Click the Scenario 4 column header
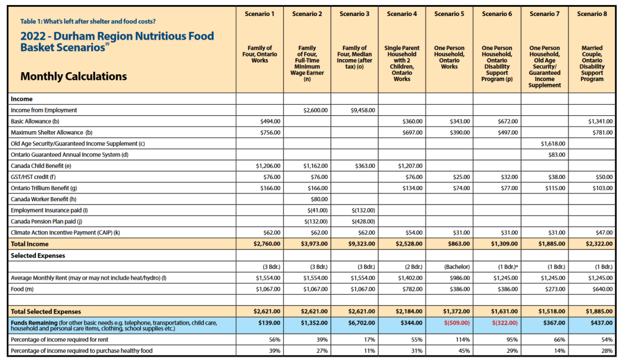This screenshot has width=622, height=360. tap(402, 13)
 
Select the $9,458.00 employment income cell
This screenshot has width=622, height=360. tap(363, 110)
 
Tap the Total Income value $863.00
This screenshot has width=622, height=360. tap(458, 244)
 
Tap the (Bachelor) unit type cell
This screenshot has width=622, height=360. tap(456, 267)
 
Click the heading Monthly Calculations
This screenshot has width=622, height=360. tap(74, 76)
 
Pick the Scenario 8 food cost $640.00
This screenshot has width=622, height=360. tap(601, 289)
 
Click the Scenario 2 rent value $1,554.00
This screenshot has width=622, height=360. tap(315, 278)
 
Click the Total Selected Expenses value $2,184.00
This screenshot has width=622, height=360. tap(409, 312)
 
